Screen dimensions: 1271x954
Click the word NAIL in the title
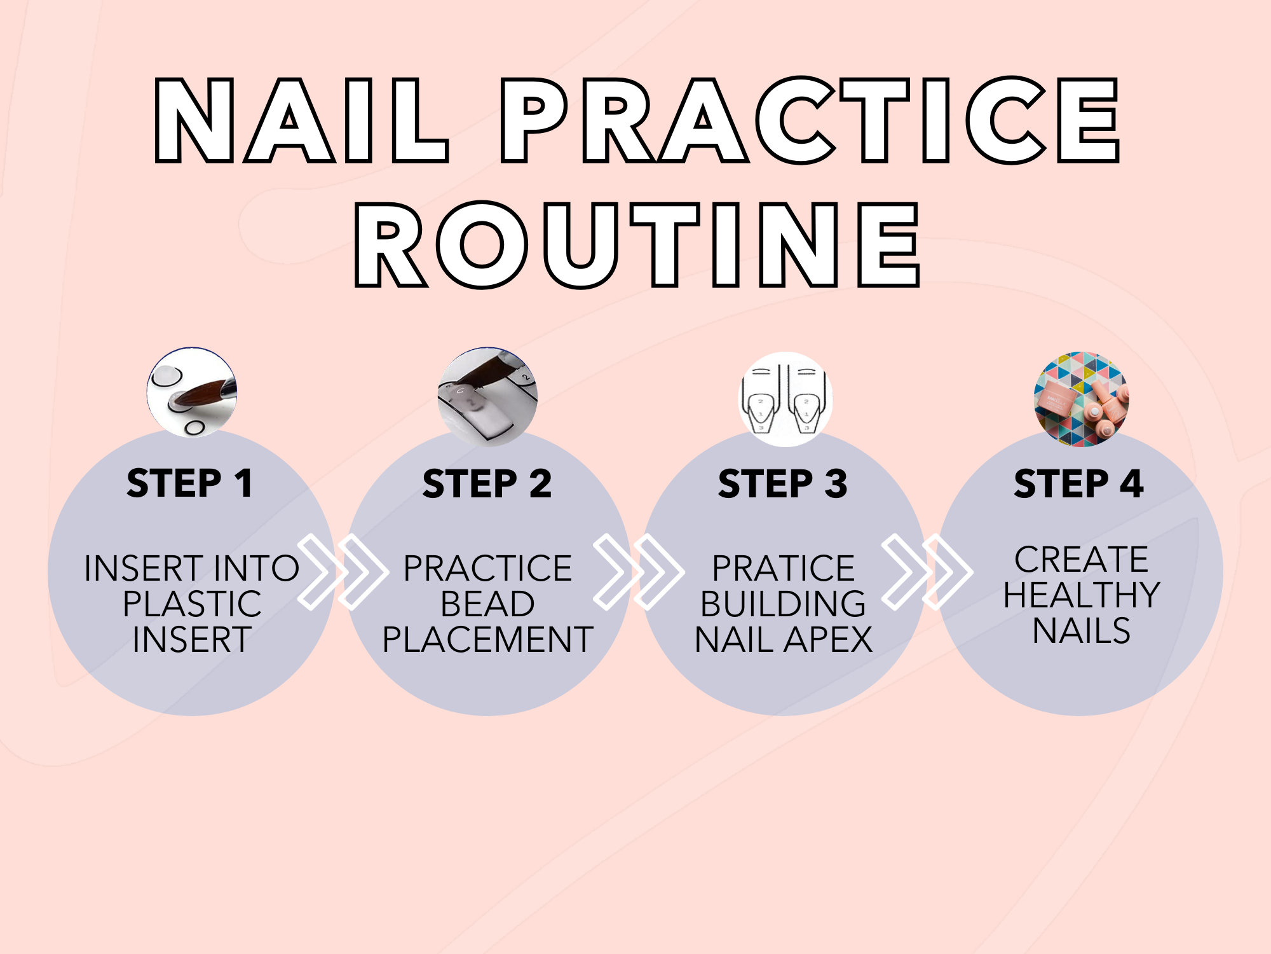(x=302, y=120)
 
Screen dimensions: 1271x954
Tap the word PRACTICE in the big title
(x=810, y=120)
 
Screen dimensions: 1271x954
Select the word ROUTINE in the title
(x=637, y=245)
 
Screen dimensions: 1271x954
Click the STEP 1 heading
(x=190, y=483)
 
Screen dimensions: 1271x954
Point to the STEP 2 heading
(x=487, y=483)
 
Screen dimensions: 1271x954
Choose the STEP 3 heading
(x=783, y=483)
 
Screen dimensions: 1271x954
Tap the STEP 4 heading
(x=1079, y=483)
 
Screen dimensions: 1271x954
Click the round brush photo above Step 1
(x=192, y=392)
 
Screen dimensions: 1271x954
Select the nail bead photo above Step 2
(x=487, y=397)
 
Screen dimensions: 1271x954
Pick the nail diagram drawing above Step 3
(x=785, y=399)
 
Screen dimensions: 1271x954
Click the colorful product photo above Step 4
(x=1081, y=399)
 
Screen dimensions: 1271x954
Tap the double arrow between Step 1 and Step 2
(x=343, y=572)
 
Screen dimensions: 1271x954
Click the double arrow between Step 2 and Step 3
(x=639, y=572)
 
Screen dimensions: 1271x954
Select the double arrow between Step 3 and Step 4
(x=927, y=572)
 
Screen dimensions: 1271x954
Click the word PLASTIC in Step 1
(x=192, y=604)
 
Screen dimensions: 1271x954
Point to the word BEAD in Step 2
(x=487, y=604)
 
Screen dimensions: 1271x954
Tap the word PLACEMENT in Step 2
(x=487, y=639)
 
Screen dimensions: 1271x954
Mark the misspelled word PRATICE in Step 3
(x=783, y=568)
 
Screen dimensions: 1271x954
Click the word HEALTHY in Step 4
(x=1082, y=595)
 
